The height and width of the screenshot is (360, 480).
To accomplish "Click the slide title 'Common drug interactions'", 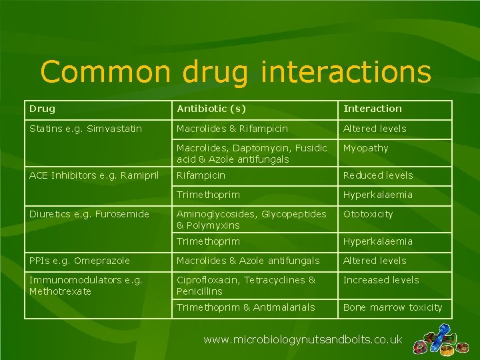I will coord(235,72).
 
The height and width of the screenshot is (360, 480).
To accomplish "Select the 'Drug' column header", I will coord(43,109).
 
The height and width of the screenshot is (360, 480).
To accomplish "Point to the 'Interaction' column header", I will coord(372,109).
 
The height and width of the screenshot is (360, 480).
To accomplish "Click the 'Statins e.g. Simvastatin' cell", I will coord(85,129).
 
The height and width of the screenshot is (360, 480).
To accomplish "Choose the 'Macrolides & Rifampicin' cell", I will coord(232,129).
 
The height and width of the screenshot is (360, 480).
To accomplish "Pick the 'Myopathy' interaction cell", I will coord(365,148).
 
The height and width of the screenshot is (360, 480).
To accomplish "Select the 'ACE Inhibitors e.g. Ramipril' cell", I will coord(94,175).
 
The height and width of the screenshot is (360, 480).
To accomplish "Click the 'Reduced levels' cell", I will coord(377,175).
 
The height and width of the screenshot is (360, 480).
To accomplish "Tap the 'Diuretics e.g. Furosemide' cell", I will coord(89,214).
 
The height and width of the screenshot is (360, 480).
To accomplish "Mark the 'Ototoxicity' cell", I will coord(368,214).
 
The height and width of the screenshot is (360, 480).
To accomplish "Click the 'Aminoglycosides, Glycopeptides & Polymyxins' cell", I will coord(251,219).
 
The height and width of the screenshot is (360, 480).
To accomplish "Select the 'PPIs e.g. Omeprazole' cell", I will coord(79,261).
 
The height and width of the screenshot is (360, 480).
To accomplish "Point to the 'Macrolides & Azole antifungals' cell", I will coord(248,261).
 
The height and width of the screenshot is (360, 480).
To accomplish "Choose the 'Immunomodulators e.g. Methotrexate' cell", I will coord(85,285).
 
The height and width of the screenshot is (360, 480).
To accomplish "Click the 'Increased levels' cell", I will coord(381,280).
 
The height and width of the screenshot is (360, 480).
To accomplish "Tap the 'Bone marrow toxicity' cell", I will coord(392,307).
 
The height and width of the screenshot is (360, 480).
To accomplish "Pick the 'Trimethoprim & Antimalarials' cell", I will coord(245,307).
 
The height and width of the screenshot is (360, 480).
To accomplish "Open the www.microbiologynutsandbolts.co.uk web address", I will coord(303,340).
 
